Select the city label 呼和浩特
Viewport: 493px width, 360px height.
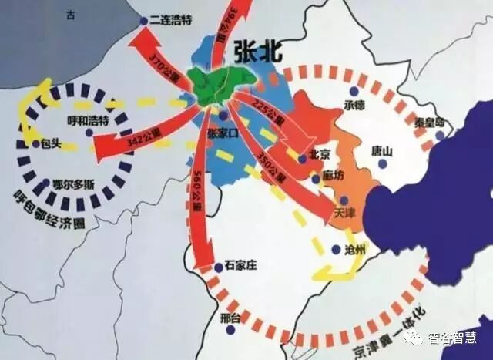(x=89, y=121)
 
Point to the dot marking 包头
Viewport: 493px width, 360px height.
(x=36, y=143)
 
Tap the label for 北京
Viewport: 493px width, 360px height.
(x=318, y=154)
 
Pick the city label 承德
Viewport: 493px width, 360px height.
(x=357, y=105)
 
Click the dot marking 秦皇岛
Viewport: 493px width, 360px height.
(x=439, y=136)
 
